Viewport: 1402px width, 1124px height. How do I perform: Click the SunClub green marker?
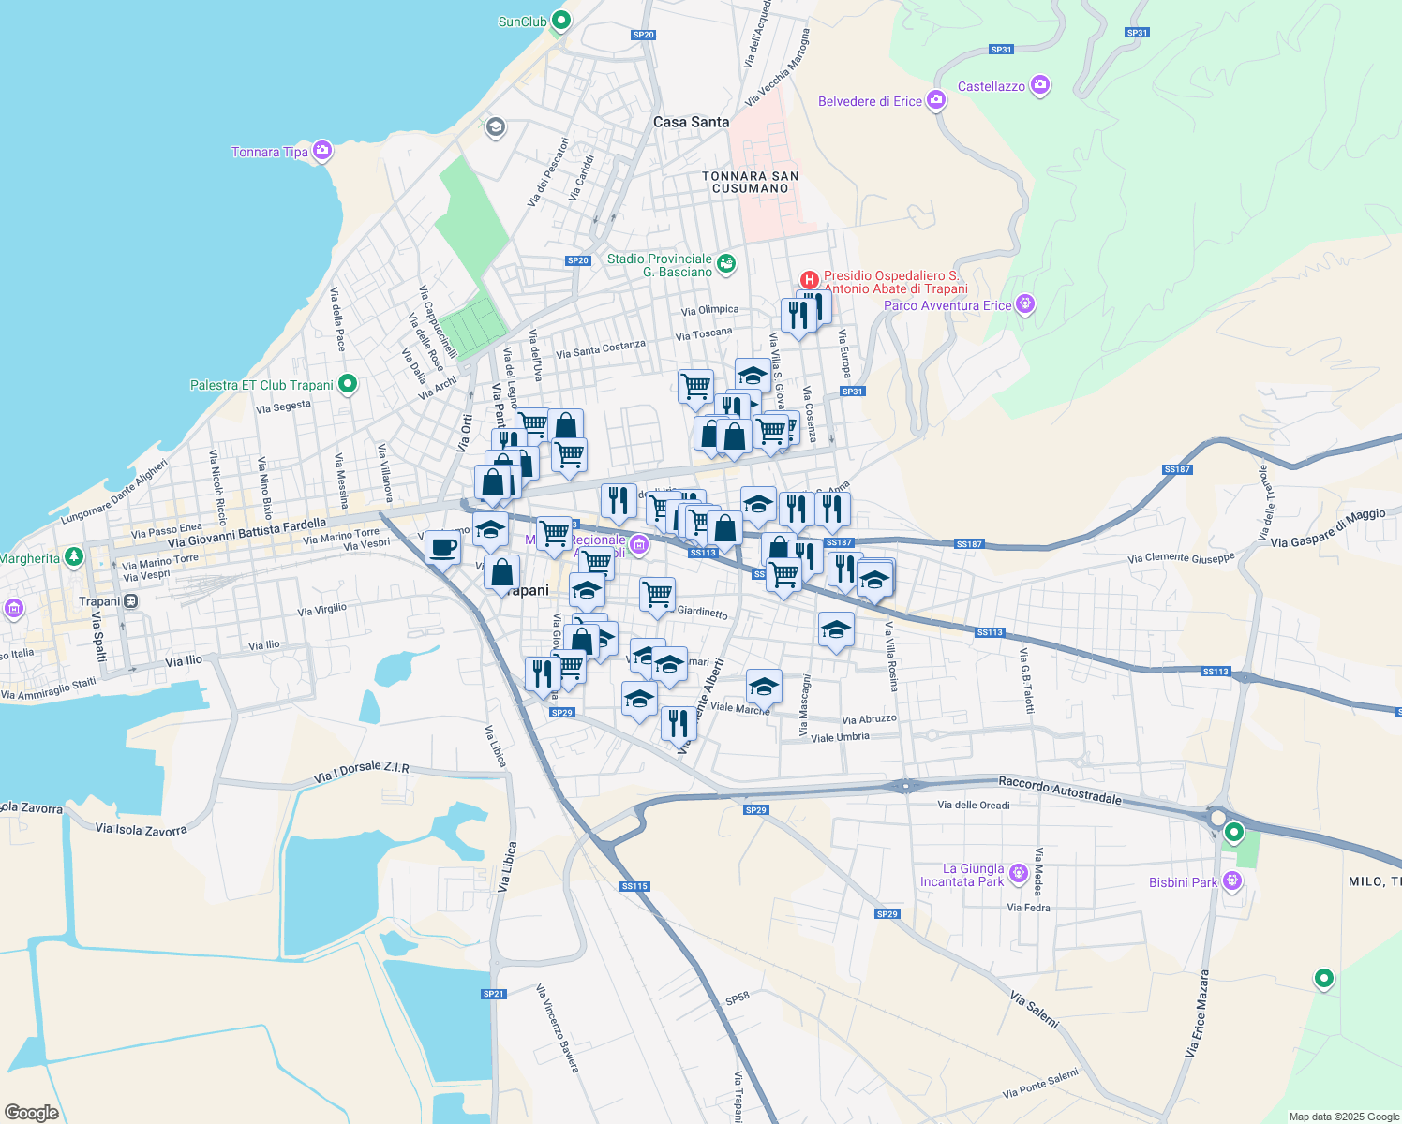(560, 20)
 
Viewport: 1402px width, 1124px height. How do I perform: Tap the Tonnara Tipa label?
(270, 152)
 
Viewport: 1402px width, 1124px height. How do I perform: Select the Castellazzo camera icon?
(1039, 86)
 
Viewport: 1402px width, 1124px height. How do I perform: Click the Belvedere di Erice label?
(870, 101)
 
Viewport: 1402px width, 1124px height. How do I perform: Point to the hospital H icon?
(810, 280)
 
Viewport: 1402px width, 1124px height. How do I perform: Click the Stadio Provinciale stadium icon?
(726, 264)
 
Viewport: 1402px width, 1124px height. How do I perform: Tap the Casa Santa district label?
(691, 122)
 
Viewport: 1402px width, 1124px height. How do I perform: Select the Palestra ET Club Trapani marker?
(348, 384)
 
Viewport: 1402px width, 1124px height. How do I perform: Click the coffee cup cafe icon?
(443, 547)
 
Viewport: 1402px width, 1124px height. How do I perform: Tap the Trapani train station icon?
(131, 601)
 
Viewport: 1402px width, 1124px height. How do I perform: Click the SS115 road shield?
(634, 886)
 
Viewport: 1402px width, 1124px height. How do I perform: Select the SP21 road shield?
(494, 994)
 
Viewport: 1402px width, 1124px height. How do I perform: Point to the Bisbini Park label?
(1183, 882)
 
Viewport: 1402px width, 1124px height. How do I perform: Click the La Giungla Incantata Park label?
(962, 875)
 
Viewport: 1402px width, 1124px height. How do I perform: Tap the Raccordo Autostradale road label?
(1059, 790)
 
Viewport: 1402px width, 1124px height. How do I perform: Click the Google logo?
(32, 1112)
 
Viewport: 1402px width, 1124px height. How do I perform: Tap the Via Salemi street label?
(1035, 1011)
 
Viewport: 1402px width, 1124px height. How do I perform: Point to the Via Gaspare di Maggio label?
(1327, 528)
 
